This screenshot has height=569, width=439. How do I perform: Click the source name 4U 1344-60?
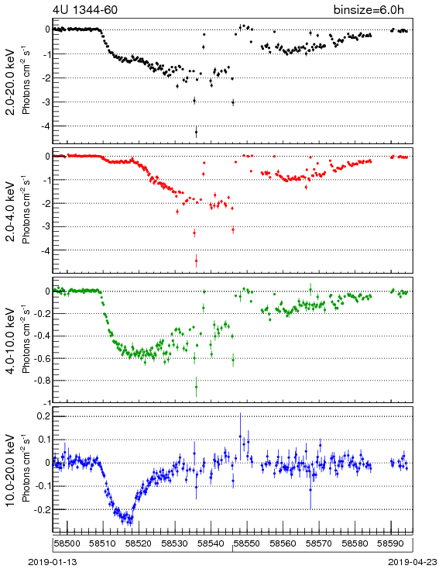tap(85, 10)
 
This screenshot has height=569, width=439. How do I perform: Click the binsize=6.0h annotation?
tap(369, 10)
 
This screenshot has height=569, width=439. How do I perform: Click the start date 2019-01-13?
tap(53, 562)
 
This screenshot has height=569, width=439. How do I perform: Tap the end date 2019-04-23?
tap(413, 562)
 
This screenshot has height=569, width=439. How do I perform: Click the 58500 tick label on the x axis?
tap(67, 543)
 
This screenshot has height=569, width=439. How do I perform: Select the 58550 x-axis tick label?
tap(247, 543)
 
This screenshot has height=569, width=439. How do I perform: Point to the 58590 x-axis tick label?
tap(391, 543)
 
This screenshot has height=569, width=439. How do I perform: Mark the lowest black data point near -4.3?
tap(196, 132)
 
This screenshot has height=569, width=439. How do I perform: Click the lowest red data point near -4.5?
tap(196, 261)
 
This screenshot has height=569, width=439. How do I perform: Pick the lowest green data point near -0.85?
tap(196, 387)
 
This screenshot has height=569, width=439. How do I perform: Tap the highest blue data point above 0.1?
tap(240, 436)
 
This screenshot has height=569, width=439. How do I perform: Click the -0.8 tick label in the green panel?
tap(42, 381)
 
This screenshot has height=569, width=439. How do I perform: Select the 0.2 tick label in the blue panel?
tap(43, 416)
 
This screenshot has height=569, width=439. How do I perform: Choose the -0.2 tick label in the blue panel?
tap(42, 509)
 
